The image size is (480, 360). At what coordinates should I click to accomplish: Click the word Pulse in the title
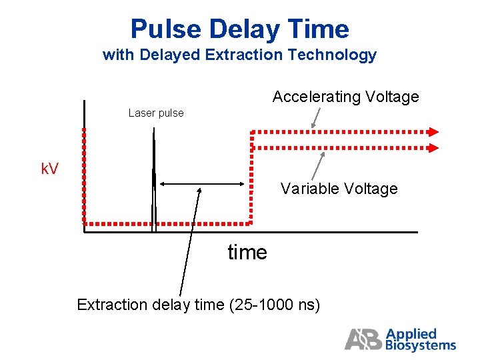(166, 29)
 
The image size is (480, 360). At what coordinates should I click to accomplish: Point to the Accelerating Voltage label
(345, 97)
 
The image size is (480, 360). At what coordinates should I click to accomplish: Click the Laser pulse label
(156, 113)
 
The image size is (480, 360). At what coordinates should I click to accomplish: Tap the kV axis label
(49, 169)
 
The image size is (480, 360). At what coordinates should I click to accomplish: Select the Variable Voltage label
(339, 189)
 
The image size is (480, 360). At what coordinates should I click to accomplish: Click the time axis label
(247, 253)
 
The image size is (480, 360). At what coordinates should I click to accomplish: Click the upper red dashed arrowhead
(434, 131)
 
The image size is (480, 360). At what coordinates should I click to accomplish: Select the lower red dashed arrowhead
(434, 148)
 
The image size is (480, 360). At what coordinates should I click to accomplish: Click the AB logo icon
(363, 339)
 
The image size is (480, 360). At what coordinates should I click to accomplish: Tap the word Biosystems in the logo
(421, 345)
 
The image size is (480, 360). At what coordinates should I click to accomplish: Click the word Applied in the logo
(411, 333)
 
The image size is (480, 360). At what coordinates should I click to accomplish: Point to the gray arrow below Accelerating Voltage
(316, 118)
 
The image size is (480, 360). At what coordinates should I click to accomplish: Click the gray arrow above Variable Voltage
(319, 165)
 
